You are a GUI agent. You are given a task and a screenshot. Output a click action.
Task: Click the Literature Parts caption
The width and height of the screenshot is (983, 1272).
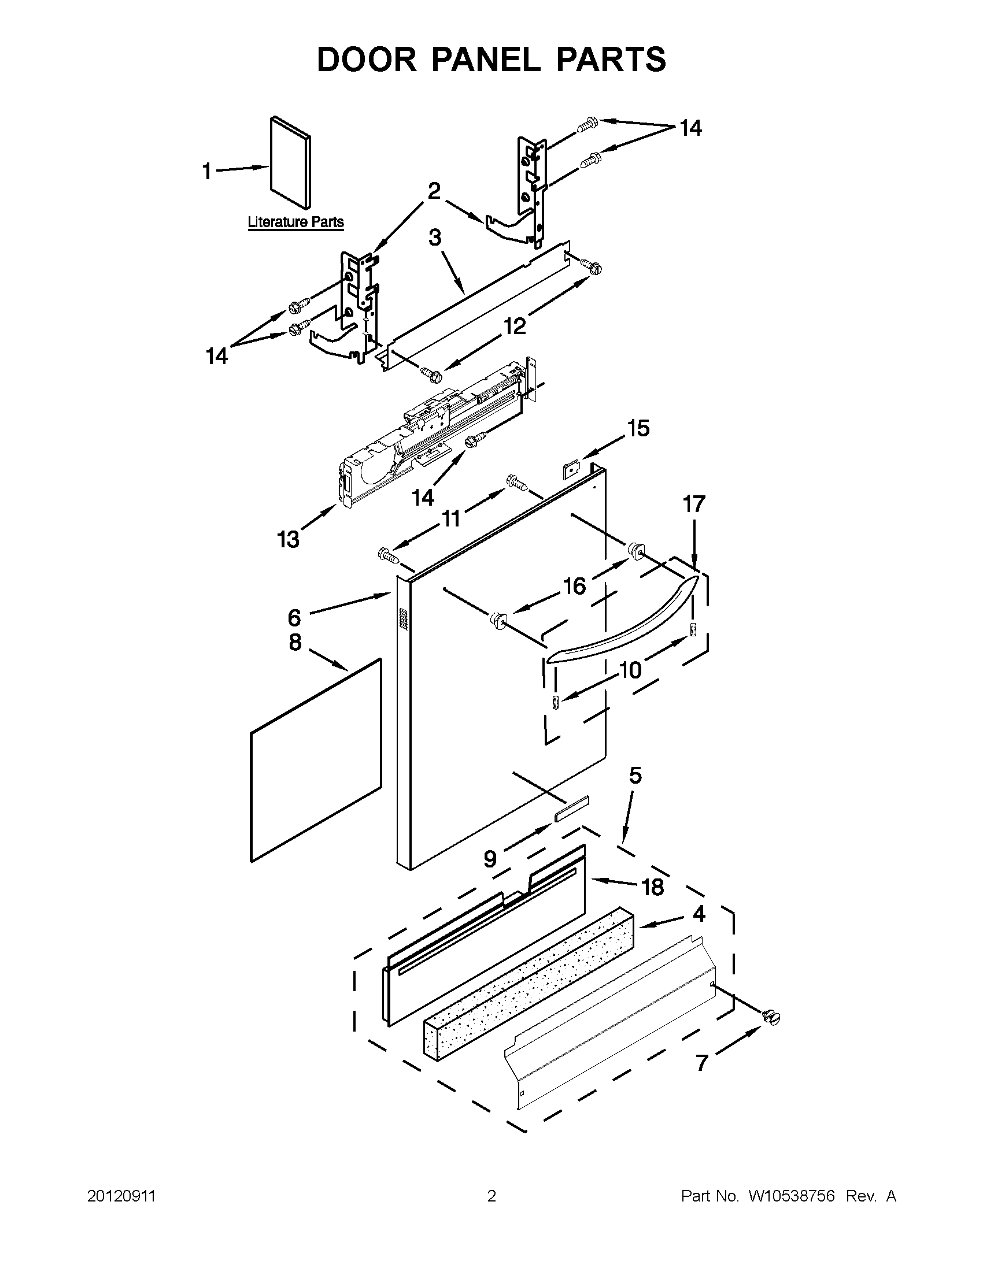point(295,222)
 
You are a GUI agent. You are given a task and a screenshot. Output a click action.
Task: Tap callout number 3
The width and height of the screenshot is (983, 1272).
point(435,238)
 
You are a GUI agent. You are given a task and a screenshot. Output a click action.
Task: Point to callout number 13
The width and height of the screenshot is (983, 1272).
point(288,539)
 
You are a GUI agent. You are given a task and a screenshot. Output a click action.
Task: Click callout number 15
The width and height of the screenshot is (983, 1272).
point(638,428)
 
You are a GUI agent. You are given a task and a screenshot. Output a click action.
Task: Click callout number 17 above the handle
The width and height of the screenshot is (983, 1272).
point(693,504)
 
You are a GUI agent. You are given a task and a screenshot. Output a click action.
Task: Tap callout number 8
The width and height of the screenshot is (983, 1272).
point(295,642)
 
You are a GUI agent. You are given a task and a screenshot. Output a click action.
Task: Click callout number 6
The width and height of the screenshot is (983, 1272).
point(294,617)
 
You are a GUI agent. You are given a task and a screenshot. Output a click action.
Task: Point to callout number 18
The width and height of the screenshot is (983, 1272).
point(652,887)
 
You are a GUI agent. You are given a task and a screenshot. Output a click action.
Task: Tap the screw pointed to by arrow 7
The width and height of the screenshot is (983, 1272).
point(771,1017)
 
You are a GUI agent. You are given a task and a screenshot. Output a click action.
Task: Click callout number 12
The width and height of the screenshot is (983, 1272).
point(514,326)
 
